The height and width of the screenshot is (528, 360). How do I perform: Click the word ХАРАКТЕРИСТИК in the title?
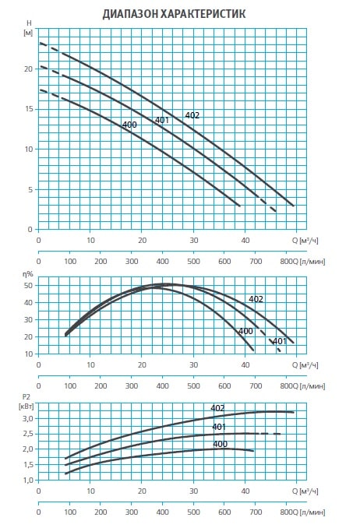[x=203, y=14]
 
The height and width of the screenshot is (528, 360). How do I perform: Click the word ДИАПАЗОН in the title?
[x=130, y=14]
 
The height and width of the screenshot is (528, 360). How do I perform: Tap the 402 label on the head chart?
[x=192, y=115]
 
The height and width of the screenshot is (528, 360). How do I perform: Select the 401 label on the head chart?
[x=162, y=120]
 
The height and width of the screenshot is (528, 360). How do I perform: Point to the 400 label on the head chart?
[x=129, y=125]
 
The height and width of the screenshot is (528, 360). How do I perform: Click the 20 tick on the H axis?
[x=29, y=69]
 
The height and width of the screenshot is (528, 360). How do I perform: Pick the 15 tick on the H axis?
[x=29, y=109]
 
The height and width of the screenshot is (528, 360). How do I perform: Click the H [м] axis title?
[x=29, y=28]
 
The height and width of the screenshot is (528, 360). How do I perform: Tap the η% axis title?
[x=28, y=274]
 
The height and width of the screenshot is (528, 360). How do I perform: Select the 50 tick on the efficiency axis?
[x=28, y=286]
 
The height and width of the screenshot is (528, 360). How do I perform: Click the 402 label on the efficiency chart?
[x=256, y=299]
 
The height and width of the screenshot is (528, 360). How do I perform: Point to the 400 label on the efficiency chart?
[x=245, y=331]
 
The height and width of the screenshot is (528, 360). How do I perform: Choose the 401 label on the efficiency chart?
[x=280, y=341]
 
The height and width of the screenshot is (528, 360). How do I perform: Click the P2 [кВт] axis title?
[x=26, y=402]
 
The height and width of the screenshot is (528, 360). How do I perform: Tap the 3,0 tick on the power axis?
[x=28, y=418]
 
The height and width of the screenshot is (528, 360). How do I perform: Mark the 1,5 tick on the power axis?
[x=28, y=465]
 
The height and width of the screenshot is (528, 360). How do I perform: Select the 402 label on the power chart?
[x=217, y=408]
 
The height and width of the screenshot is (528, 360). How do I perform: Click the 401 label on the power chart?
[x=219, y=427]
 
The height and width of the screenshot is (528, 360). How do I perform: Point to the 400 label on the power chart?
[x=220, y=444]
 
